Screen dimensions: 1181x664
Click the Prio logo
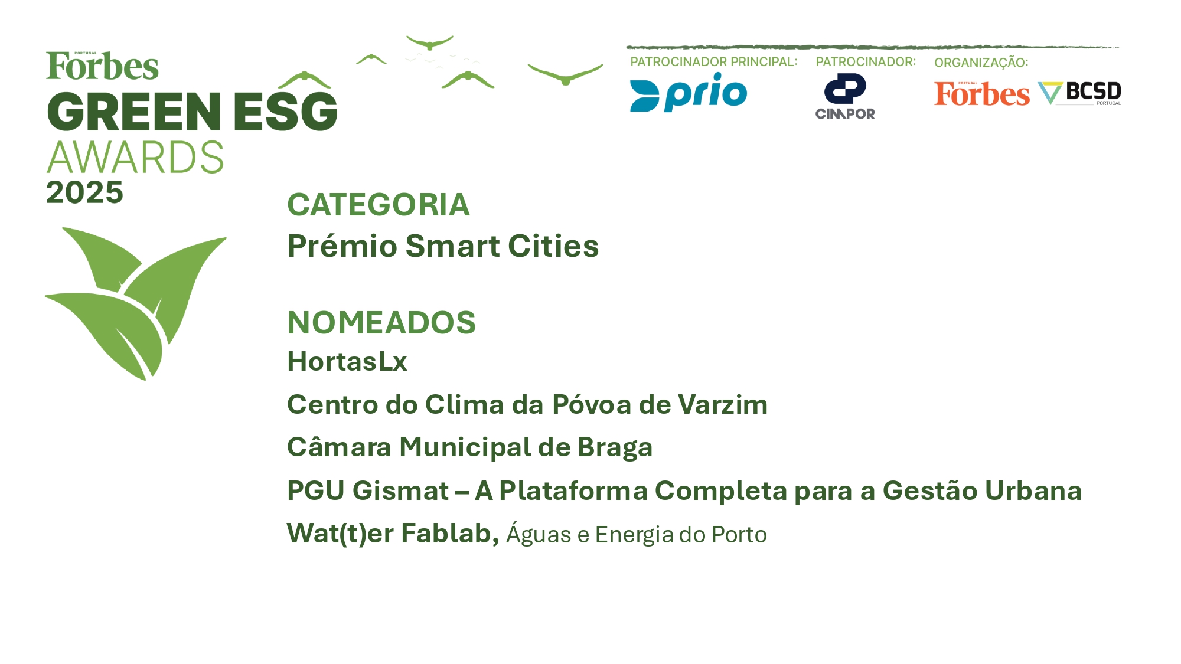click(x=689, y=92)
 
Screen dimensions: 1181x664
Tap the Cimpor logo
click(x=845, y=96)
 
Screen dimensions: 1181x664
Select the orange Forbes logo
click(x=981, y=94)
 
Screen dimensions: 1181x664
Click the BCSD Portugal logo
click(x=1079, y=93)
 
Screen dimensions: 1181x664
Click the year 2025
click(x=85, y=192)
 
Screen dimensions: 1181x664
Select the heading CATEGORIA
click(x=379, y=205)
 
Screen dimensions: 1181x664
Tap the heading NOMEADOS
click(x=381, y=322)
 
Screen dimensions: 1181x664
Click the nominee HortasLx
click(x=347, y=361)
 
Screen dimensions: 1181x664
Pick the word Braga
click(x=615, y=448)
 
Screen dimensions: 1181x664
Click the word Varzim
click(x=723, y=405)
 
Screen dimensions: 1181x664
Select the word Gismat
click(x=401, y=491)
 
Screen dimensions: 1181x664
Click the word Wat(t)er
click(x=340, y=534)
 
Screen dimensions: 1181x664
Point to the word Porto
click(x=739, y=535)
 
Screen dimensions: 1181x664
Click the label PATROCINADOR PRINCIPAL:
click(x=714, y=62)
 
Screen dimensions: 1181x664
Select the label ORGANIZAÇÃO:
click(x=981, y=62)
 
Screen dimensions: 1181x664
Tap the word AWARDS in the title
click(x=135, y=158)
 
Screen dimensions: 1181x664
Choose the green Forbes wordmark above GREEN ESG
click(x=103, y=66)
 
